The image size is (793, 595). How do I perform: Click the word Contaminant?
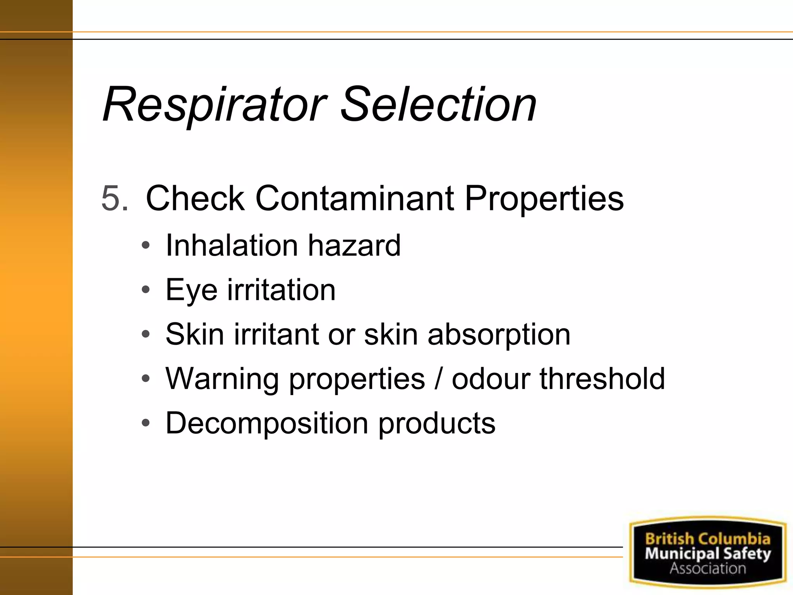(x=354, y=198)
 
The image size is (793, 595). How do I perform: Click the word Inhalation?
(x=232, y=246)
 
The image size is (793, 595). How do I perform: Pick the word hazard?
(x=354, y=246)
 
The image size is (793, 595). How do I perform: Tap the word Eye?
(x=191, y=291)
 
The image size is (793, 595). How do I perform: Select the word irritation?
(x=281, y=290)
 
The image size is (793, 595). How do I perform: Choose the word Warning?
(x=222, y=379)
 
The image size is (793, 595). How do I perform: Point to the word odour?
(x=491, y=379)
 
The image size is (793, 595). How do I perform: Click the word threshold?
(x=602, y=379)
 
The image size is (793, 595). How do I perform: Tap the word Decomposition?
(x=267, y=423)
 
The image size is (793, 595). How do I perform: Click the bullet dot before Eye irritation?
(x=146, y=290)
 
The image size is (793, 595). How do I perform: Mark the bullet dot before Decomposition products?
(x=146, y=423)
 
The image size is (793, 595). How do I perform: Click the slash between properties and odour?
(x=438, y=379)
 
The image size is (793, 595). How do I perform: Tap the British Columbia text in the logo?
(x=707, y=539)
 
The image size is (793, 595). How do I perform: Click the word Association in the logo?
(x=707, y=568)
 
